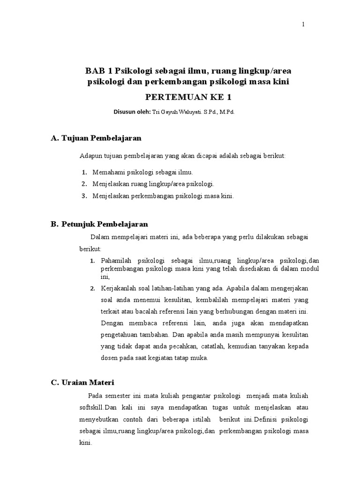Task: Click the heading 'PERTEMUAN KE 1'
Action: [x=188, y=97]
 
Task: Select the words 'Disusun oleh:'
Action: [x=132, y=112]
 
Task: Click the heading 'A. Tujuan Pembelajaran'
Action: [x=96, y=138]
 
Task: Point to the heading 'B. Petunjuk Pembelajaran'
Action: [x=99, y=224]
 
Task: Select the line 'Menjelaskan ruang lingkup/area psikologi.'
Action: [x=153, y=184]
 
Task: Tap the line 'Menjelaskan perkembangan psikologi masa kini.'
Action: [x=163, y=196]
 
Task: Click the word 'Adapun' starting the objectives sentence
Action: [x=90, y=156]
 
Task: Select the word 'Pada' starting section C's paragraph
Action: [x=95, y=396]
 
